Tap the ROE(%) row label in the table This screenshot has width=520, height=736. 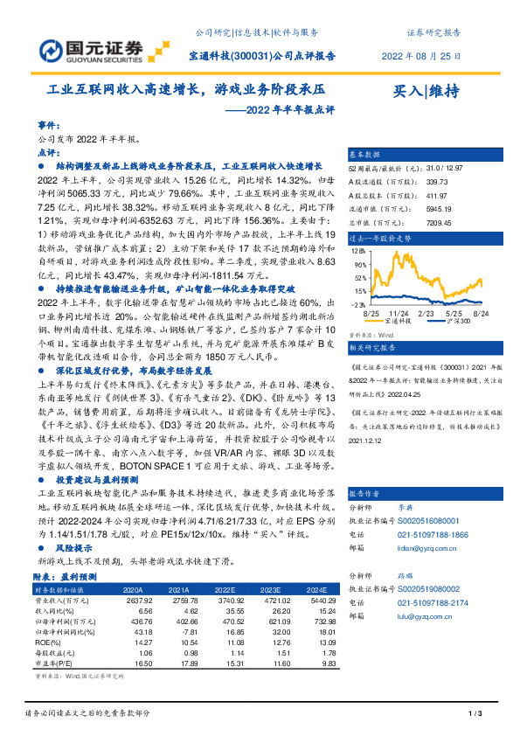51,642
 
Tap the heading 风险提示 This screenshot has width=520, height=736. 71,546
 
